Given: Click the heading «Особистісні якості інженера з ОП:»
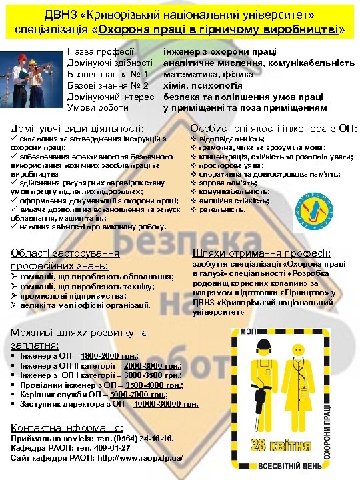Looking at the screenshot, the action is [x=274, y=127].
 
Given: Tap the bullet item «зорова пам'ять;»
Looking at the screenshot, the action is [x=231, y=183].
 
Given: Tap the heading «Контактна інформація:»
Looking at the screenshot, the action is [x=67, y=427].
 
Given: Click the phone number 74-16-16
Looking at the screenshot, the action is [x=153, y=439].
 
